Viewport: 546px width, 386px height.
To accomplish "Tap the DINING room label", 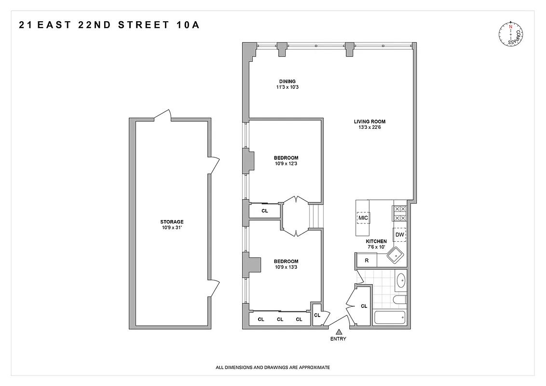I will click(287, 81).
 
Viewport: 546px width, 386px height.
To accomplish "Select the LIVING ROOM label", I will click(369, 122).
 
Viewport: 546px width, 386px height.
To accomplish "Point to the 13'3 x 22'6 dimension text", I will click(369, 128).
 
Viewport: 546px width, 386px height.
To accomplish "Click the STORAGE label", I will click(172, 222).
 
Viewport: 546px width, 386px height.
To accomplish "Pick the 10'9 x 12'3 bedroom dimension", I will click(286, 164).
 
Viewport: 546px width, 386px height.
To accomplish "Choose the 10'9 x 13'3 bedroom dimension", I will click(286, 267).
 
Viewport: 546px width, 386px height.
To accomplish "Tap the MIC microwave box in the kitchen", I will click(363, 218).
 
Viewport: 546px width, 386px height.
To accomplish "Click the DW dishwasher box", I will click(399, 234).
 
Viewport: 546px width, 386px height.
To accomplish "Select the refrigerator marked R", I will click(367, 261).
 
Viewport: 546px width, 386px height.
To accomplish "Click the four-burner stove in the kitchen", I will click(400, 213).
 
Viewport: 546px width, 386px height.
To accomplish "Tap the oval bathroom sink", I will click(400, 280).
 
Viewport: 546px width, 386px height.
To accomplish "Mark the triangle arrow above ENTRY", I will click(339, 331).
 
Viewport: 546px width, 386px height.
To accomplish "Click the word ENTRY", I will click(339, 339).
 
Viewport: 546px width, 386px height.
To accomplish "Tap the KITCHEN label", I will click(376, 241).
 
